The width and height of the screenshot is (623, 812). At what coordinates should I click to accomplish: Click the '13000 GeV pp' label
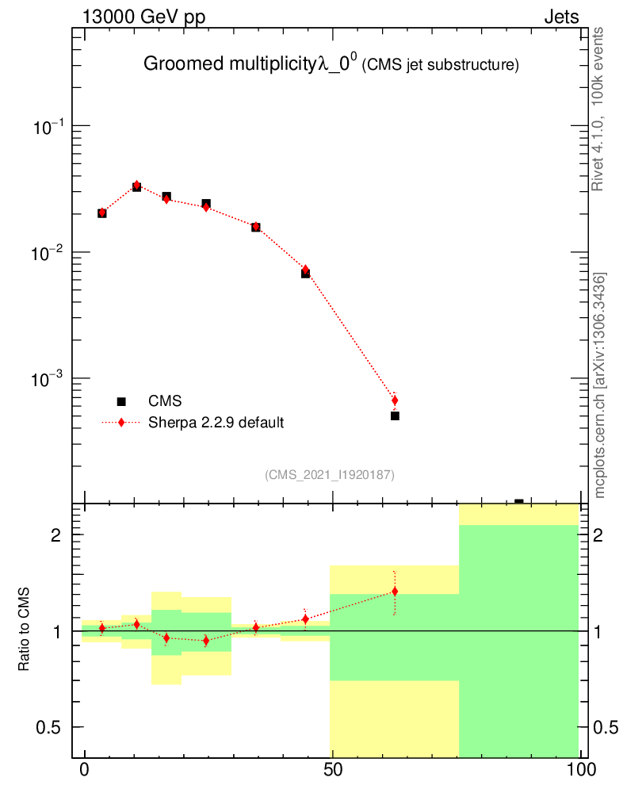[x=143, y=17]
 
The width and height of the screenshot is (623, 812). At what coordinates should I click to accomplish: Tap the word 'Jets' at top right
[x=560, y=17]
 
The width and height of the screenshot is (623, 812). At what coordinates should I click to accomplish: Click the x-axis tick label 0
[x=84, y=770]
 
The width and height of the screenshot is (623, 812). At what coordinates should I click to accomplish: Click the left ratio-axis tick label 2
[x=56, y=535]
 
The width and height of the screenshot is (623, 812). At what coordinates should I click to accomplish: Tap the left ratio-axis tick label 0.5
[x=51, y=727]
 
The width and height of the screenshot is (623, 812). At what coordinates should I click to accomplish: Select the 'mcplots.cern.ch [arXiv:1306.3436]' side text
[x=600, y=385]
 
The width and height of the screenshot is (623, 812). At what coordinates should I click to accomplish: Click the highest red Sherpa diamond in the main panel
[x=136, y=185]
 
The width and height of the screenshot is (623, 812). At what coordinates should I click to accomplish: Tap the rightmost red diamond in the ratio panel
[x=395, y=592]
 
